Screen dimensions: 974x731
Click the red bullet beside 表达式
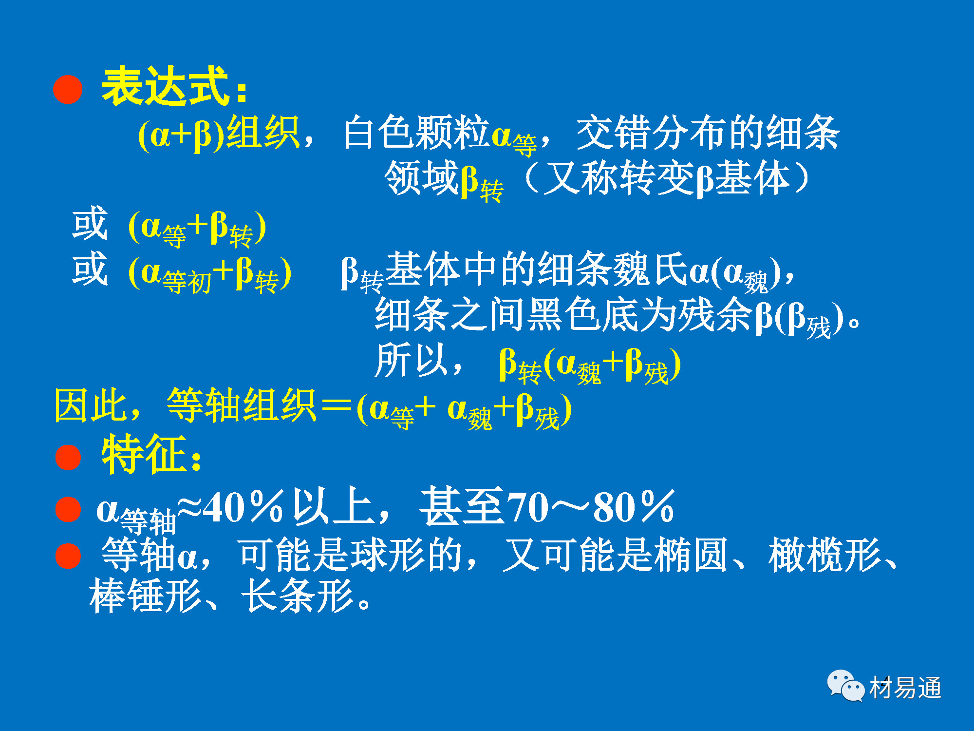tap(68, 89)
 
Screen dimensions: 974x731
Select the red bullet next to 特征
tap(68, 457)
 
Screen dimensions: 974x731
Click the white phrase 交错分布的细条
tap(708, 133)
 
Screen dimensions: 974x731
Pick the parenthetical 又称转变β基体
tap(667, 178)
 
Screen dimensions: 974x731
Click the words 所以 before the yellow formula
tap(412, 360)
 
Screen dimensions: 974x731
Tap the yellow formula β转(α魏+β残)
tap(590, 365)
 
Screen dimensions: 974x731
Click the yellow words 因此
tap(91, 405)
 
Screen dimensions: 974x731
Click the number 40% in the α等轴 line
tap(243, 507)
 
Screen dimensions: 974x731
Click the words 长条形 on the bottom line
tap(297, 596)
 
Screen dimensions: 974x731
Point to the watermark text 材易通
tap(905, 688)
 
